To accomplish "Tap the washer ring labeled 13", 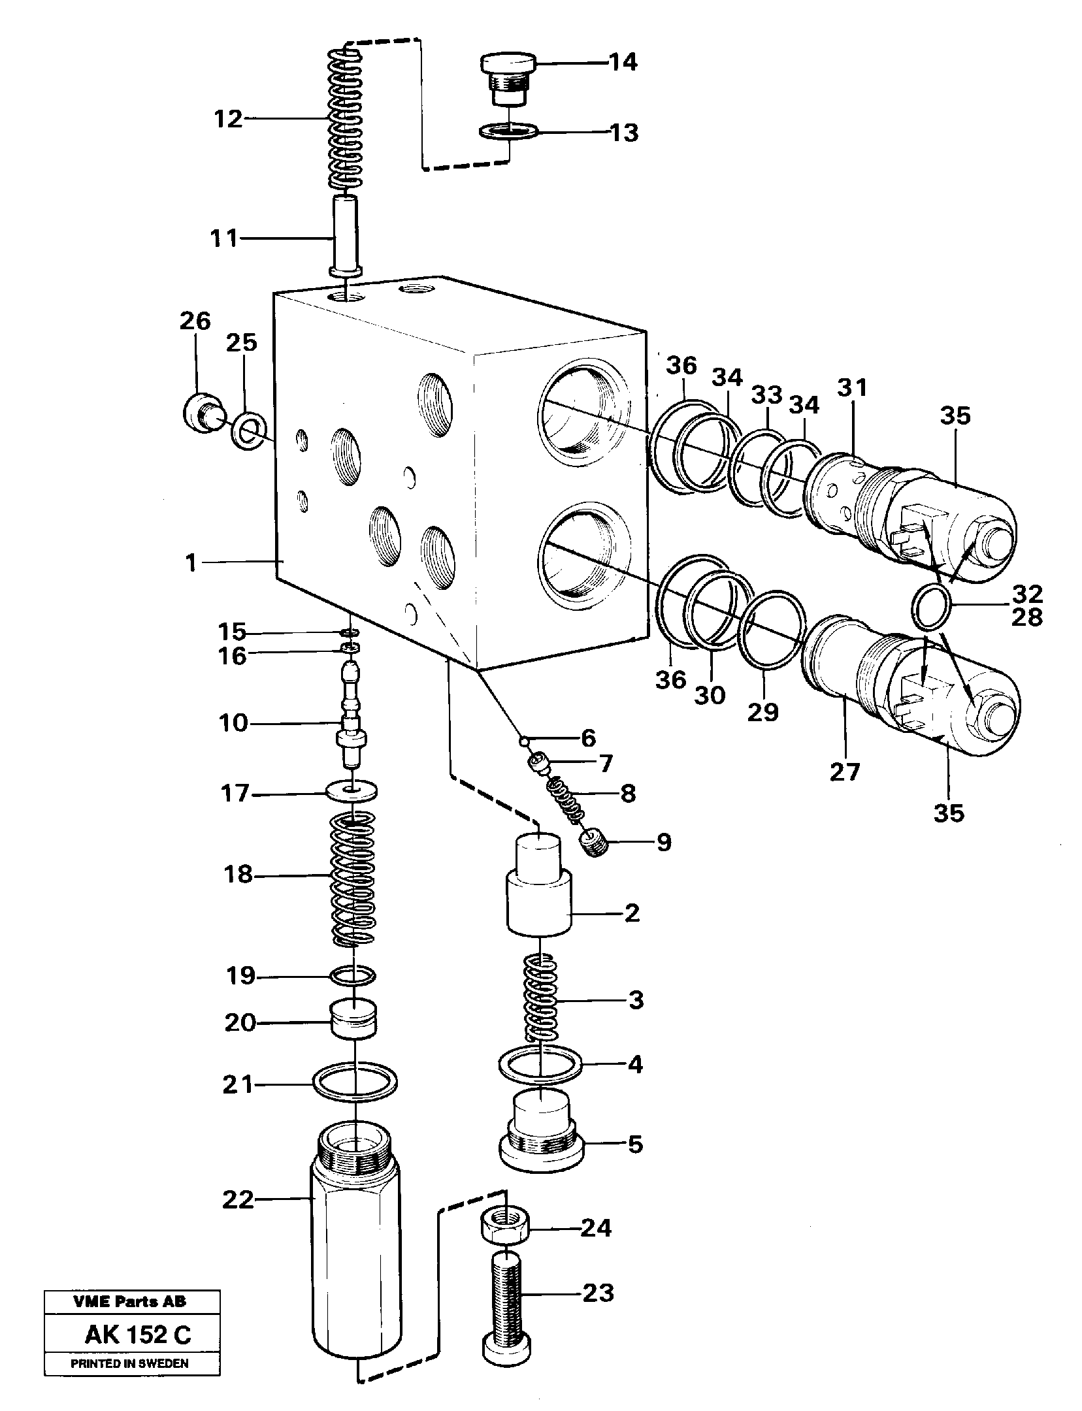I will pos(508,132).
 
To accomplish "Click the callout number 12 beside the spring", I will pos(228,119).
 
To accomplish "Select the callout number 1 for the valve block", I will pos(191,562).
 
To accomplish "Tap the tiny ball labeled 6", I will pos(523,740).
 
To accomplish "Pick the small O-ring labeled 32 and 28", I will pos(930,607).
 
